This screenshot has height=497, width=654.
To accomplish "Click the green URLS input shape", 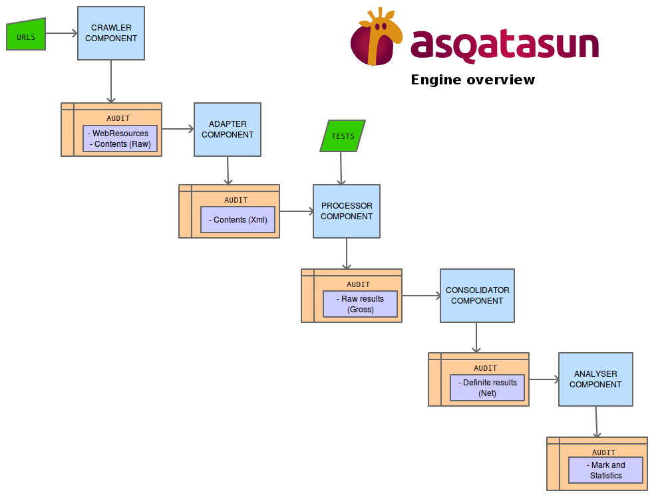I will point(26,37).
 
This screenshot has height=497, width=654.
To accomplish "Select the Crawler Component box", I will point(111,33).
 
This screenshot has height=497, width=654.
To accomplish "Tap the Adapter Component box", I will point(228,130).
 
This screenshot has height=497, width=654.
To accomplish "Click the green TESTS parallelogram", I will point(343,136).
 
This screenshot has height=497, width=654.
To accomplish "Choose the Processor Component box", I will point(347,211).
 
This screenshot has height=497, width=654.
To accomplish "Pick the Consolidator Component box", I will point(477,296).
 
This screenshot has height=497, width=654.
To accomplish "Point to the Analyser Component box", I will point(595,379).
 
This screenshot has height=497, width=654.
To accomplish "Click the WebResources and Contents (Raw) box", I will point(120,139).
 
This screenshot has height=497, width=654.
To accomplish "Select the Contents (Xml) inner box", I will point(238,220).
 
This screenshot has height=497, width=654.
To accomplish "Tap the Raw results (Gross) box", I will point(360,304).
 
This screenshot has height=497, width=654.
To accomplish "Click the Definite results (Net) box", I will point(487,388).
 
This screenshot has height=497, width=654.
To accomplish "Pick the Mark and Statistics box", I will point(605,470).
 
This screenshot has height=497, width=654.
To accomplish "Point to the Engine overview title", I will point(472,80).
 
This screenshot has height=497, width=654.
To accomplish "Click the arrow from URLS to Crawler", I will point(61,32).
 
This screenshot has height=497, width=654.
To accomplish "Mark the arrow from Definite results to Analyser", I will point(544,379).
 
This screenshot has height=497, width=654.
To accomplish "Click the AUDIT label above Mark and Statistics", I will point(604,452).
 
